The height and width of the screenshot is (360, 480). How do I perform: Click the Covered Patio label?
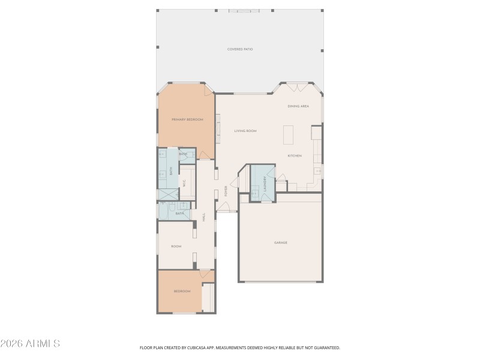point(239,49)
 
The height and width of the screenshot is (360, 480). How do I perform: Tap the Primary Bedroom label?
point(187,119)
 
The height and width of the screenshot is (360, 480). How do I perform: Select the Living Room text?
point(245,130)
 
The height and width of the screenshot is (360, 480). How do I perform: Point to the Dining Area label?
point(298,106)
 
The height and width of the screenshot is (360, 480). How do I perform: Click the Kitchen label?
point(295,155)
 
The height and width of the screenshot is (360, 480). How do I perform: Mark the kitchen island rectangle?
point(289,134)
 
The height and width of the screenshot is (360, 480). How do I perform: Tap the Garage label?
point(281,242)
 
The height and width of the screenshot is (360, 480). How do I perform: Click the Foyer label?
point(226,191)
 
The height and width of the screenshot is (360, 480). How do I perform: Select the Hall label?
point(204,217)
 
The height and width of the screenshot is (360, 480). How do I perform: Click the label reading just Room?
point(176,246)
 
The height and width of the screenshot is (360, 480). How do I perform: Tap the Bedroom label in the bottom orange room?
point(182,291)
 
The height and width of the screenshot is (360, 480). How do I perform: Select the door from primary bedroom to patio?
point(208,90)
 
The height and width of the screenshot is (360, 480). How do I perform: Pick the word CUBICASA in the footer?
point(191,347)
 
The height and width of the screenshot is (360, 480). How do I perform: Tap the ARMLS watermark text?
point(30,344)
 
